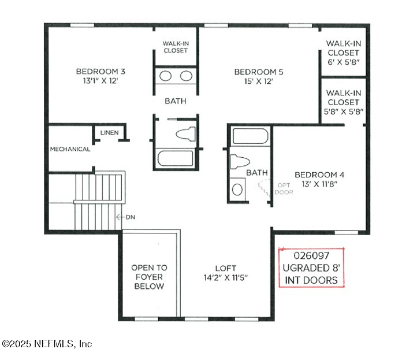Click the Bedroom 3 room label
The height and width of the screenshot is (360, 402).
(100, 71)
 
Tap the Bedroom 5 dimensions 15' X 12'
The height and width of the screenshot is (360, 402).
(258, 81)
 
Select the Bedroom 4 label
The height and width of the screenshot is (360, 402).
(319, 175)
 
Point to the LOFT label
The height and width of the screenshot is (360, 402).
(225, 268)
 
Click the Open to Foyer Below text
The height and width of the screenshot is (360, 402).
(149, 277)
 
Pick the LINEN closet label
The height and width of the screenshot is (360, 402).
(110, 132)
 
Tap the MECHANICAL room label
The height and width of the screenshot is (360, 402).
(70, 149)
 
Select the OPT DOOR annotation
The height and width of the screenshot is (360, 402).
(284, 188)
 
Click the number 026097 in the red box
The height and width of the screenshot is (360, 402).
(311, 255)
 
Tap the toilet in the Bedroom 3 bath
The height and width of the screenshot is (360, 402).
(185, 134)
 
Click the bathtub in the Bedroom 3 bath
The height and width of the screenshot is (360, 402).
(176, 158)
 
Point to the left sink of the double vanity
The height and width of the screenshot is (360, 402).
(165, 76)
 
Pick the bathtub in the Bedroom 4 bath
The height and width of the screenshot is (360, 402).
(250, 136)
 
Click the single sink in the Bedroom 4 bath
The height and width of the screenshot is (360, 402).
(237, 190)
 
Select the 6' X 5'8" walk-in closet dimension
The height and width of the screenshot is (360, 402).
(343, 62)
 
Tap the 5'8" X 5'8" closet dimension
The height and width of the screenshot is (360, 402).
(344, 112)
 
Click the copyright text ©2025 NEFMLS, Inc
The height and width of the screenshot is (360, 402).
(47, 344)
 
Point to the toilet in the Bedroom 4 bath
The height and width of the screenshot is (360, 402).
(240, 162)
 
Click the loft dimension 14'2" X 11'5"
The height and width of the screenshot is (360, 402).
(226, 278)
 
